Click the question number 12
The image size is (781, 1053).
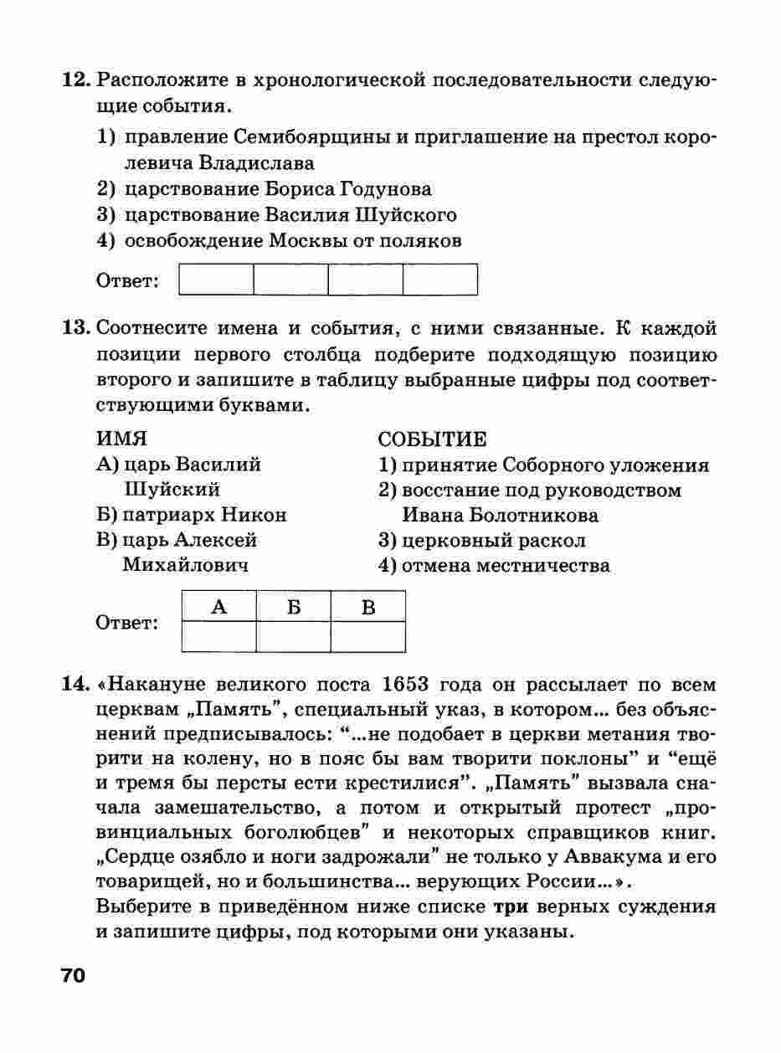[x=75, y=81]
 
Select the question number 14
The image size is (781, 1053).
[x=75, y=684]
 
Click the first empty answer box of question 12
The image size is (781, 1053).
[x=216, y=280]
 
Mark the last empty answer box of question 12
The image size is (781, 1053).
[x=440, y=280]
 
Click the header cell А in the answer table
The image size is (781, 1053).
[x=218, y=607]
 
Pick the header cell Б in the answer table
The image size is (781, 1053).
[x=293, y=607]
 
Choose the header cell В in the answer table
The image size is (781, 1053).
[x=367, y=607]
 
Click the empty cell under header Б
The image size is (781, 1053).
[x=293, y=636]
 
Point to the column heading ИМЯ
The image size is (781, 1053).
[x=122, y=439]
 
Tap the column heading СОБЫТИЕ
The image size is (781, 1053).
[x=432, y=439]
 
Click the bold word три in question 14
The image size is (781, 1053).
[x=510, y=907]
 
